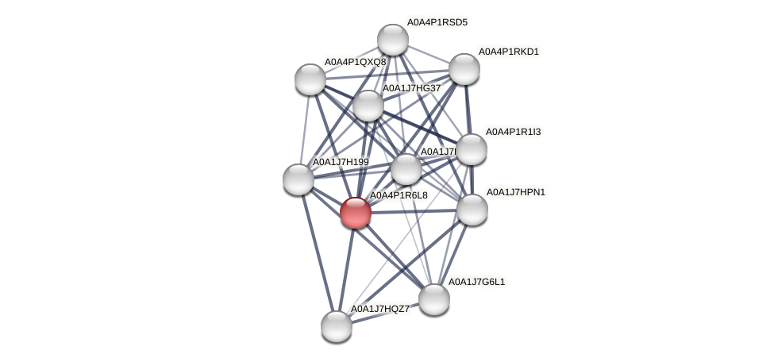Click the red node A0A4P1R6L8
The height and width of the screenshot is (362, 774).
click(355, 212)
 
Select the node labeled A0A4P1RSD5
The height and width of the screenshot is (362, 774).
click(392, 40)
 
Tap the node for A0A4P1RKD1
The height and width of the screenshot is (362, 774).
click(464, 69)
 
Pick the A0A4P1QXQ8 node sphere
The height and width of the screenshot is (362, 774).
click(310, 79)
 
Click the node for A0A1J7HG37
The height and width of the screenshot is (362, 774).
click(368, 106)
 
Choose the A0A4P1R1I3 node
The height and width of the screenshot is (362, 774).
click(471, 149)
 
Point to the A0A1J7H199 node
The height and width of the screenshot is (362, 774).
click(298, 179)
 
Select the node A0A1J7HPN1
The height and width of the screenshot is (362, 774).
click(472, 210)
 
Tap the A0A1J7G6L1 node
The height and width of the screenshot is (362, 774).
click(433, 298)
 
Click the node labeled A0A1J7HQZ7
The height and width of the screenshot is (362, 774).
click(336, 325)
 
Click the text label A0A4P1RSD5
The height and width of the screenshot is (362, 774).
click(437, 22)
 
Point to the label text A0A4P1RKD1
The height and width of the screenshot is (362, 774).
click(508, 52)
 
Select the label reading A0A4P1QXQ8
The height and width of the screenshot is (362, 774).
click(355, 62)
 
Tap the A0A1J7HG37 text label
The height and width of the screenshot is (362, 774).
click(411, 88)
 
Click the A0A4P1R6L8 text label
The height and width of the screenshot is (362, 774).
click(399, 195)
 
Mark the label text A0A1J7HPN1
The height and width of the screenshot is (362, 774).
click(516, 192)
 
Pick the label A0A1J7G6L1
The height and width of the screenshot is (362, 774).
click(476, 282)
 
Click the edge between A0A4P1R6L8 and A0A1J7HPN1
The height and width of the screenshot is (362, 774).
click(413, 211)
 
